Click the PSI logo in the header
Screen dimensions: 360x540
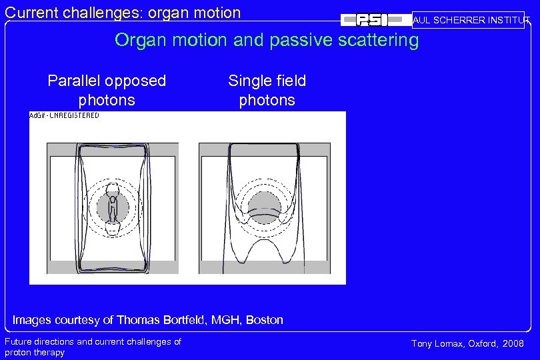[x=373, y=20]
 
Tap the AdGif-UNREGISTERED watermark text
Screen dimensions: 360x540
[x=65, y=115]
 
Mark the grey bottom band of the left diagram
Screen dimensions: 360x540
[x=113, y=267]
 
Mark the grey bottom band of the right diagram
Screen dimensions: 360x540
[x=265, y=267]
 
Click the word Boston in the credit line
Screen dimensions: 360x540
[x=265, y=320]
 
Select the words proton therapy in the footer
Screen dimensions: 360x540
[x=35, y=353]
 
